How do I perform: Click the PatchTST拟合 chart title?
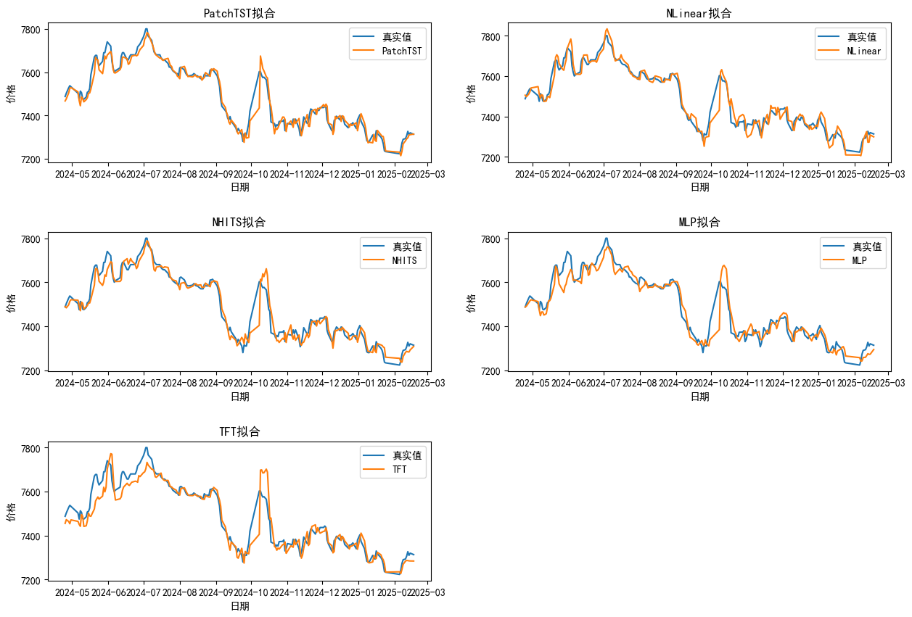click(239, 14)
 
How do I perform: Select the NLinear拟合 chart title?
click(699, 14)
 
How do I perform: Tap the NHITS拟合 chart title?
click(239, 222)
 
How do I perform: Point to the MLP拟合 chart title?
click(699, 222)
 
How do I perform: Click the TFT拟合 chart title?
click(239, 431)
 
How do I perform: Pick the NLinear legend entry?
click(863, 51)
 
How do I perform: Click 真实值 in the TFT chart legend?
click(406, 455)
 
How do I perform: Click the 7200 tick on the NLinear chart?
click(497, 158)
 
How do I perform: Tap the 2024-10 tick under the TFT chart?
click(251, 592)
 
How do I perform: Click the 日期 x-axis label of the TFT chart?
click(239, 606)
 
